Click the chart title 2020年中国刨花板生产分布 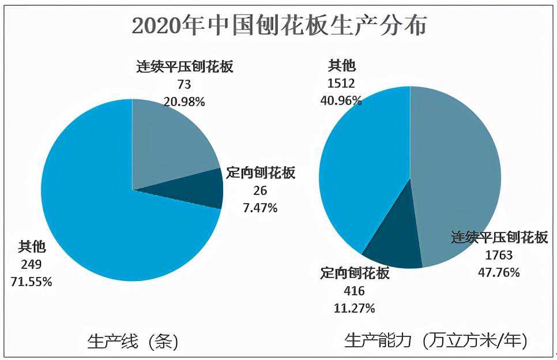pos(278,26)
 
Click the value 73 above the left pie pos(184,85)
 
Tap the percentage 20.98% pos(184,102)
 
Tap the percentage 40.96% pos(341,100)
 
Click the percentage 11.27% pos(354,308)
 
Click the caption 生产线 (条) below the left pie pos(133,341)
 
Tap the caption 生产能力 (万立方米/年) pos(435,340)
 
